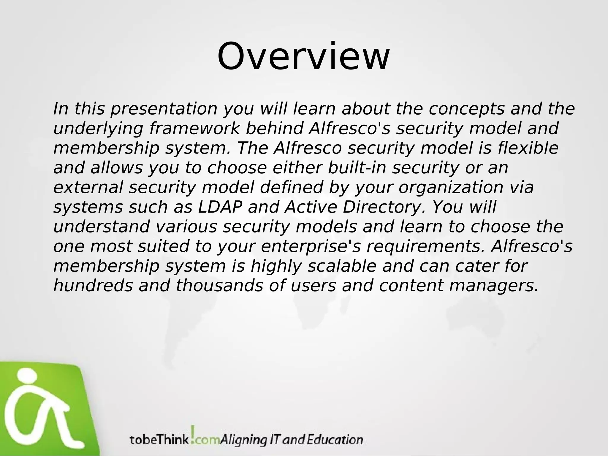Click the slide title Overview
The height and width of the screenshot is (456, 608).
point(303,56)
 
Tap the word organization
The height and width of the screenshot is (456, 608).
point(451,188)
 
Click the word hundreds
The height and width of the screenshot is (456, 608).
point(93,286)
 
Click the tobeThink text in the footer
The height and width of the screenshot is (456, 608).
point(159,440)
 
